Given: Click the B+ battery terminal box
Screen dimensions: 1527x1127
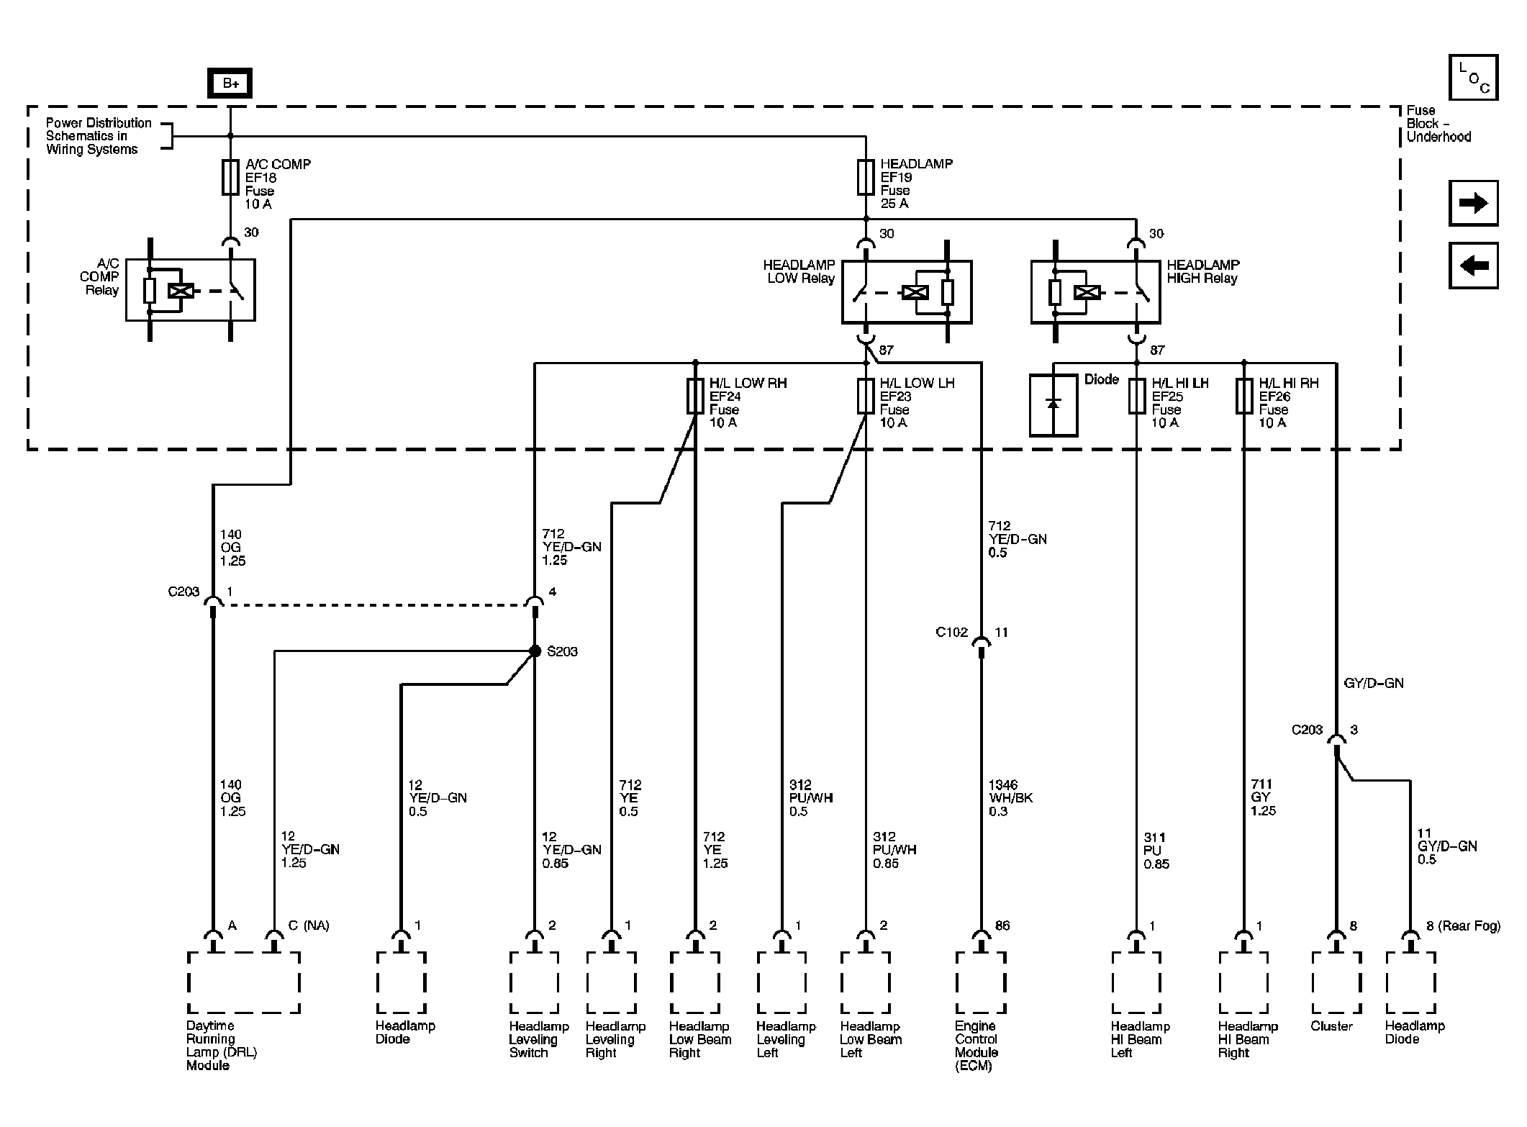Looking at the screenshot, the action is (x=230, y=83).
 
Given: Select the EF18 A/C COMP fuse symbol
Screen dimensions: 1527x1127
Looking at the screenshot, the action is (x=230, y=177).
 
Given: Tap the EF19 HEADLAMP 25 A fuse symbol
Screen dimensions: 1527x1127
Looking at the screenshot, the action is (x=866, y=177).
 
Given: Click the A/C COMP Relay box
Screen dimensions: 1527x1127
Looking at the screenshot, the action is (x=191, y=289).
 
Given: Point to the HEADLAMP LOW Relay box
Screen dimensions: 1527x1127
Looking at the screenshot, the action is (x=907, y=291).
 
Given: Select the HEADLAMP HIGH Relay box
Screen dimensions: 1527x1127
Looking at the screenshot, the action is (x=1095, y=291).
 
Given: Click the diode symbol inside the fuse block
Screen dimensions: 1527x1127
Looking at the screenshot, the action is (x=1054, y=405).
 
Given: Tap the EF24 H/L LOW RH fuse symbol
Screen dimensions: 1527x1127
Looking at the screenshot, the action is (x=695, y=397).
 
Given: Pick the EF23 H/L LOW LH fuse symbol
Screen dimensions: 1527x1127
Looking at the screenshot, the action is (x=866, y=397).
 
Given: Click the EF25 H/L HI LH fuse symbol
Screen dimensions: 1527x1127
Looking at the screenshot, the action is (x=1137, y=397).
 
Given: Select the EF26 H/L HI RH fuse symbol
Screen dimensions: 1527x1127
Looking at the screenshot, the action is (x=1244, y=397).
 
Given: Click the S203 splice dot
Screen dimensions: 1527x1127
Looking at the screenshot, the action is (x=535, y=651).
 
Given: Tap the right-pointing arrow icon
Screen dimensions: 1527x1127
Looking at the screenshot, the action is (x=1473, y=203).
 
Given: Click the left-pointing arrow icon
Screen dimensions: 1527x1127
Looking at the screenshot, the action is (x=1473, y=266).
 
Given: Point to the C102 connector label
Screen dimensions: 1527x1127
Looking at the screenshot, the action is (x=951, y=633).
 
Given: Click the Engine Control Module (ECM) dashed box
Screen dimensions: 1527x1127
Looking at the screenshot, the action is (x=980, y=982).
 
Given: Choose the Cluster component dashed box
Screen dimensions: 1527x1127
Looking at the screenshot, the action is (x=1336, y=982).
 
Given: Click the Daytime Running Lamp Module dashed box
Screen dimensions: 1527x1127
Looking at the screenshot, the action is (x=243, y=982).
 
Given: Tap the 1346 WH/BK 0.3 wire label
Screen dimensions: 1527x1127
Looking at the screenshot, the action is (x=1010, y=797).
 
